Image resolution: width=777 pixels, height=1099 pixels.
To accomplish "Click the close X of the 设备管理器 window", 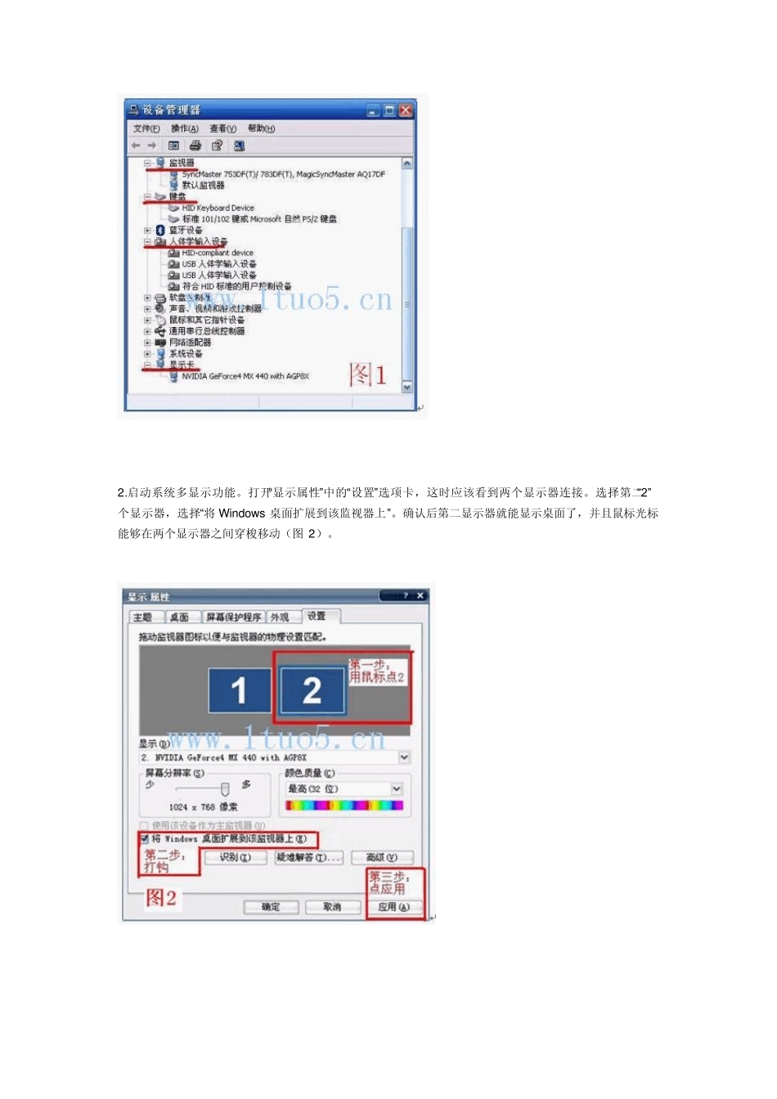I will pyautogui.click(x=406, y=110).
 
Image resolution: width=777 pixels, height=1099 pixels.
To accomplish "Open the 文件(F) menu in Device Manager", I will pyautogui.click(x=146, y=129).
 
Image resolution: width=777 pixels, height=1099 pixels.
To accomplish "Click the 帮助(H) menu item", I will pyautogui.click(x=261, y=129).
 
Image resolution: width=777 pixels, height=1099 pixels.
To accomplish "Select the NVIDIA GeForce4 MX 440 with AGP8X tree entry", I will pyautogui.click(x=245, y=377).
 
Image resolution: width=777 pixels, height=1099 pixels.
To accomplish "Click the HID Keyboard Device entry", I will pyautogui.click(x=218, y=209).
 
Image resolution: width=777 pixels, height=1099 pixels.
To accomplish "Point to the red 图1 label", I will pyautogui.click(x=367, y=375).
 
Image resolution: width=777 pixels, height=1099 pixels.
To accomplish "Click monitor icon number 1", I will pyautogui.click(x=239, y=691).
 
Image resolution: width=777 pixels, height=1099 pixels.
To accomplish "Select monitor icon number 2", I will pyautogui.click(x=312, y=691).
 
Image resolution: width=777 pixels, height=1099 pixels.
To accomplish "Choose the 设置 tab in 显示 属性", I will pyautogui.click(x=317, y=617).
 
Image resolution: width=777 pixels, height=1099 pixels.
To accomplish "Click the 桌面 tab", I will pyautogui.click(x=179, y=617).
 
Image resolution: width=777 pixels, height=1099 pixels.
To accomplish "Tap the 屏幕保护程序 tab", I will pyautogui.click(x=233, y=617).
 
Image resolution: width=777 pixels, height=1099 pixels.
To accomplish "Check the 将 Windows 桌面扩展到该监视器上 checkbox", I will pyautogui.click(x=145, y=839).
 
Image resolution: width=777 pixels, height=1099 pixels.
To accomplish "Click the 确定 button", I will pyautogui.click(x=271, y=907).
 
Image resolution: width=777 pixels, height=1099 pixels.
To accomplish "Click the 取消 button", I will pyautogui.click(x=332, y=907).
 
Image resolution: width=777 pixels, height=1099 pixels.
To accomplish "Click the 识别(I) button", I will pyautogui.click(x=235, y=857).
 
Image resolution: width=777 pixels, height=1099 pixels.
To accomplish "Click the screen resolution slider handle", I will pyautogui.click(x=225, y=789).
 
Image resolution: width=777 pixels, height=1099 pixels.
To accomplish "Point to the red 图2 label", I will pyautogui.click(x=161, y=898).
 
